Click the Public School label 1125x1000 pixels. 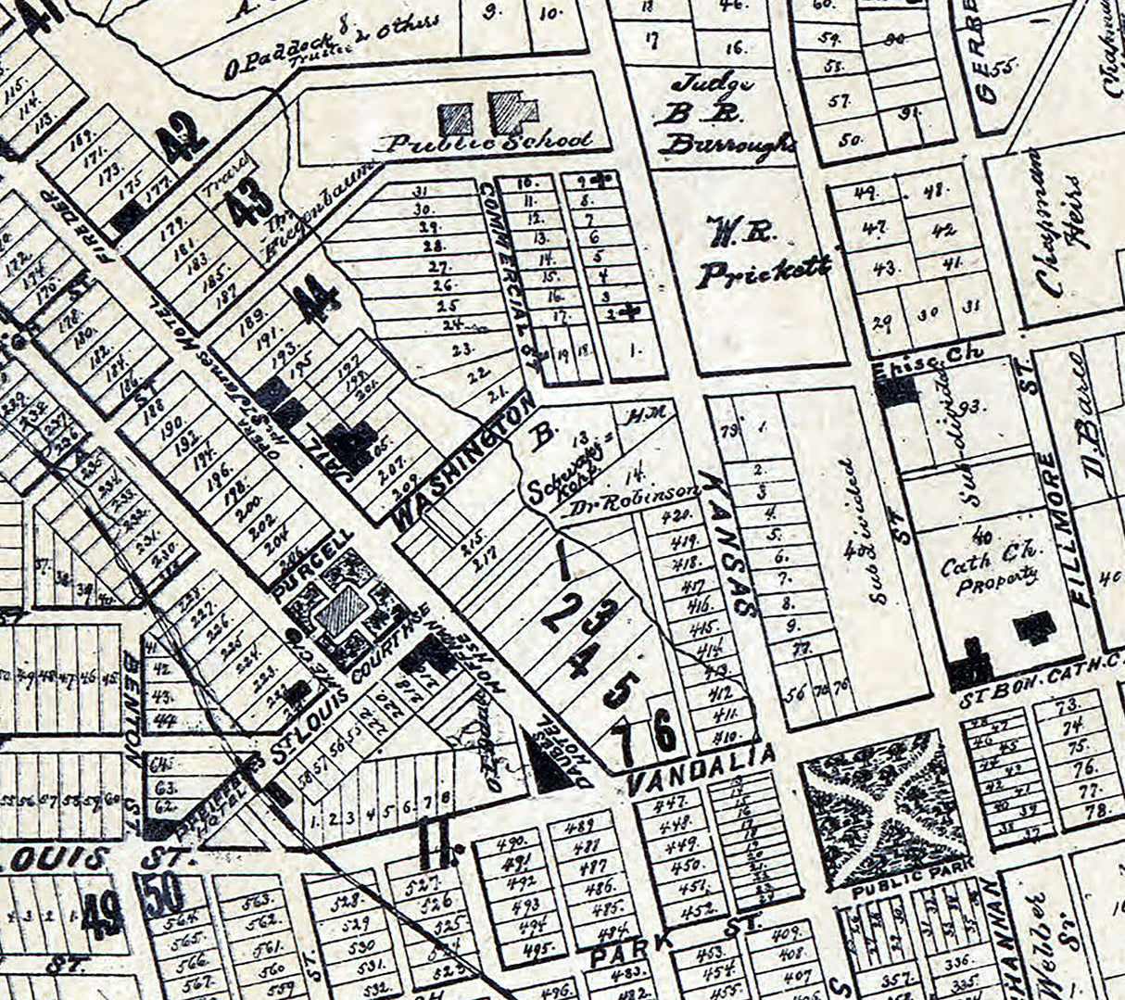pyautogui.click(x=488, y=142)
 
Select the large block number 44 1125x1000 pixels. pyautogui.click(x=316, y=302)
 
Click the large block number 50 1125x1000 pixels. pyautogui.click(x=165, y=893)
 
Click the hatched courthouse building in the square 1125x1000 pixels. pyautogui.click(x=342, y=614)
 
